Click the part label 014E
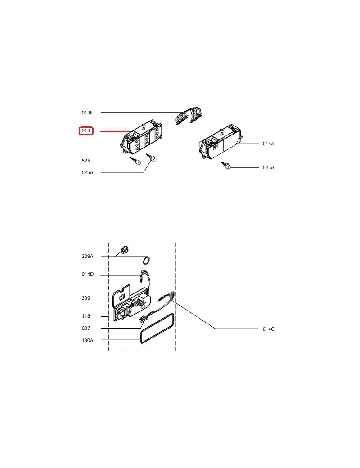(87, 112)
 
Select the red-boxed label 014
(86, 131)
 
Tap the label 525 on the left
(85, 161)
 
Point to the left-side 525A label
(87, 172)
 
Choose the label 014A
(268, 144)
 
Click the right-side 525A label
(268, 167)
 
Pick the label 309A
(87, 256)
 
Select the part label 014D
(87, 274)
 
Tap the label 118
(85, 316)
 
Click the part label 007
(85, 328)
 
